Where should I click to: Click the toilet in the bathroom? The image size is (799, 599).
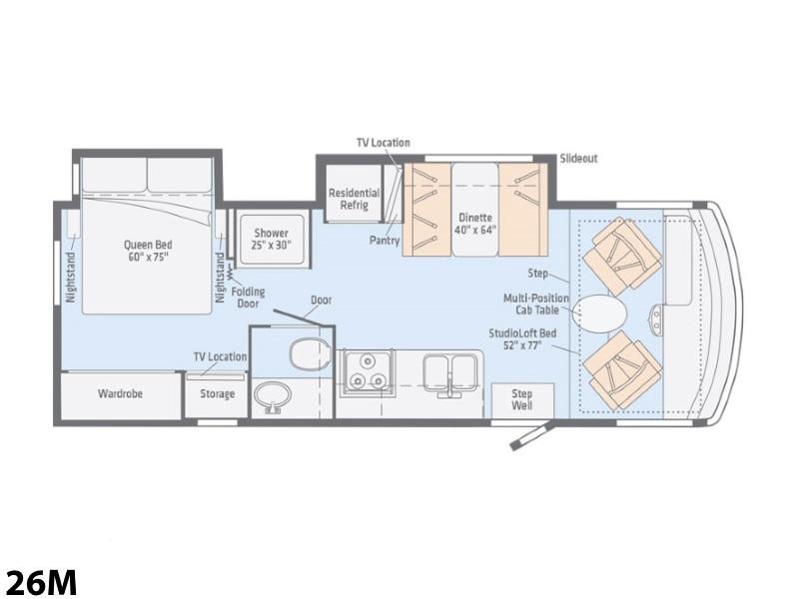[x=309, y=352]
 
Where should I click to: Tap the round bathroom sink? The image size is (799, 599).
[x=273, y=397]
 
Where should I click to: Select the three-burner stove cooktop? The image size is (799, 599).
[x=368, y=370]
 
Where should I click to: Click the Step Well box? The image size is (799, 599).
[x=522, y=400]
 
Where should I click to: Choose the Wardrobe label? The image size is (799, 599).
[x=120, y=393]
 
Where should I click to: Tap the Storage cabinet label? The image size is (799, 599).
[x=217, y=393]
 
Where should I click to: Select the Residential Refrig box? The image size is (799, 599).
[x=355, y=194]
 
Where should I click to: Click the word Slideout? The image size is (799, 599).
[x=578, y=159]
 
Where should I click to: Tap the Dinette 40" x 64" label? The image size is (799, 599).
[x=475, y=224]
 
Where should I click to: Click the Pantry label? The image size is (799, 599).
[x=385, y=240]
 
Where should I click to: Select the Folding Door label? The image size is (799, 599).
[x=248, y=298]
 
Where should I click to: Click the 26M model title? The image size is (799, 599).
[x=40, y=581]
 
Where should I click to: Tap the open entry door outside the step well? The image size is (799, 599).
[x=531, y=436]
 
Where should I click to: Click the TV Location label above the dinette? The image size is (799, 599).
[x=384, y=143]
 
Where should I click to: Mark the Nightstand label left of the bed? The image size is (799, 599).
[x=71, y=278]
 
